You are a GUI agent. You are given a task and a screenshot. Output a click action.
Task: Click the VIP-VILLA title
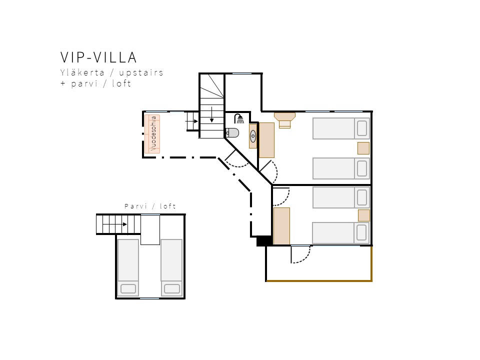tap(98, 57)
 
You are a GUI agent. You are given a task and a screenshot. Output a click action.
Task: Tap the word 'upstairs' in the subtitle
tap(141, 73)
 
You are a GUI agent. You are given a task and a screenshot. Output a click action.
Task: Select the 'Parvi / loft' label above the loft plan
tap(150, 206)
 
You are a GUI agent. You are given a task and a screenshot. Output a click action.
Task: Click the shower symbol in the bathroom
tap(239, 118)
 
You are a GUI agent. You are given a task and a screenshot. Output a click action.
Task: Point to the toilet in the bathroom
tap(232, 133)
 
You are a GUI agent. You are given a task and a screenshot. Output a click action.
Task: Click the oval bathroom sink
tap(253, 136)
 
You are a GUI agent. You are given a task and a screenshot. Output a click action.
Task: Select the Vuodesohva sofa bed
tap(152, 134)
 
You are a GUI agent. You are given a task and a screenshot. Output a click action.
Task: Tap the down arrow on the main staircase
tap(212, 114)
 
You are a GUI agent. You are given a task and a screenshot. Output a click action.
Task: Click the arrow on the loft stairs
tap(115, 224)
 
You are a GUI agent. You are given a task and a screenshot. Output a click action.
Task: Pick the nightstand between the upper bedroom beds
tap(363, 148)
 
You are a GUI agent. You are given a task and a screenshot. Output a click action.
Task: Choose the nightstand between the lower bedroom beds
tap(363, 215)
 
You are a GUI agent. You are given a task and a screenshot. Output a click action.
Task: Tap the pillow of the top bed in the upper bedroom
tap(362, 128)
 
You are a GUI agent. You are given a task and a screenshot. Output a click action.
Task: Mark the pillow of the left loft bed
tap(128, 288)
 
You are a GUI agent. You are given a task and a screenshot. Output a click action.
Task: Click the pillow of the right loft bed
tap(171, 288)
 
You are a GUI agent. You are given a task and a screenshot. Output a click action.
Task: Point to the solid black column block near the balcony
tap(264, 241)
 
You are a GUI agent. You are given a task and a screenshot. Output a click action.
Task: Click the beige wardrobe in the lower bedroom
tap(281, 226)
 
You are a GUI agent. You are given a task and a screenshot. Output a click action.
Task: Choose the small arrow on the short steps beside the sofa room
tap(192, 121)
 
